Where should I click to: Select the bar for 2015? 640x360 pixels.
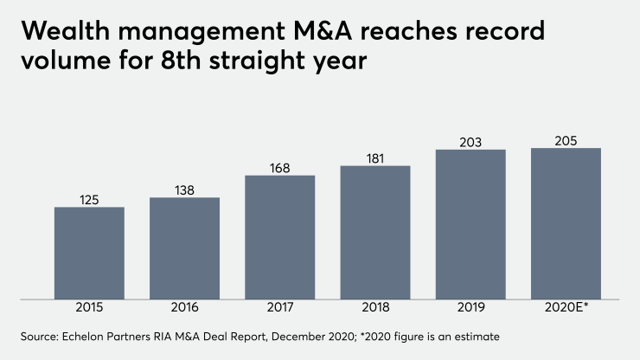click(x=89, y=254)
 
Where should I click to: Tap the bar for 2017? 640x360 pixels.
click(x=279, y=238)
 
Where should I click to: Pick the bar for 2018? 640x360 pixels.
click(x=374, y=233)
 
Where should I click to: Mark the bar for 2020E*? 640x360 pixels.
click(x=565, y=224)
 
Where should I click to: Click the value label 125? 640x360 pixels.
click(x=89, y=200)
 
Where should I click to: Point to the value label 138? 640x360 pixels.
click(x=184, y=190)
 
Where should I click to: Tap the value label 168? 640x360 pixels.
click(x=279, y=168)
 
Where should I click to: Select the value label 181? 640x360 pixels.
click(x=374, y=158)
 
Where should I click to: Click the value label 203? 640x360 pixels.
click(x=470, y=142)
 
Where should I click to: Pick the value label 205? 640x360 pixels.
click(x=565, y=140)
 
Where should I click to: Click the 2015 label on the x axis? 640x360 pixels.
click(x=89, y=309)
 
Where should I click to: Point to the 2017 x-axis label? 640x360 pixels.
click(x=279, y=309)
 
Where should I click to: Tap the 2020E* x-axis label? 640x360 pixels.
click(x=565, y=309)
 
